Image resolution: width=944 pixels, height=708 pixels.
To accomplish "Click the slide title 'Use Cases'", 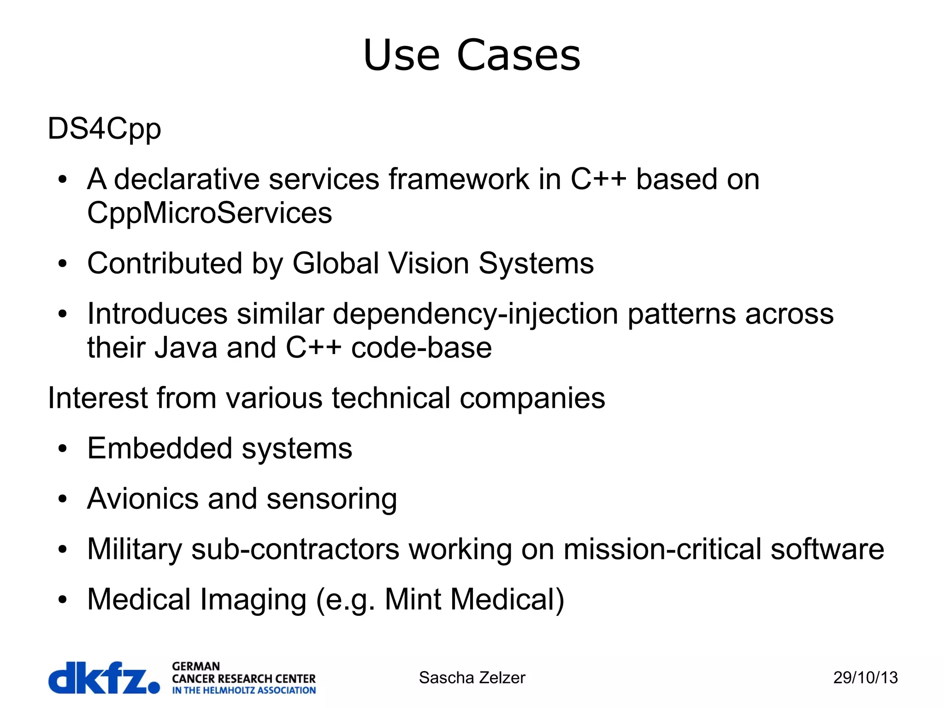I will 472,55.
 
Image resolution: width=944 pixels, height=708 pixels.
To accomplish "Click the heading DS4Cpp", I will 105,129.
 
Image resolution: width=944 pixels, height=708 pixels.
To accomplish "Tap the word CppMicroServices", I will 210,213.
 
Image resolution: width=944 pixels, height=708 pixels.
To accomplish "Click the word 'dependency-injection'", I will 475,314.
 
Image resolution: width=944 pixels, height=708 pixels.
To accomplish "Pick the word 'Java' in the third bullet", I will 185,348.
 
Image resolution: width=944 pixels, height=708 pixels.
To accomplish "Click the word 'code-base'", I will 421,348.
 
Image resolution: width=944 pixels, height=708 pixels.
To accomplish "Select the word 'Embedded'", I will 159,448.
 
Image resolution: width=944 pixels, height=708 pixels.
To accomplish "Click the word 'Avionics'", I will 143,499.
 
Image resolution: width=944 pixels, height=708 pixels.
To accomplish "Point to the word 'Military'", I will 135,549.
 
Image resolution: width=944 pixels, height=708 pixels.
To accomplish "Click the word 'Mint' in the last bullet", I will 413,600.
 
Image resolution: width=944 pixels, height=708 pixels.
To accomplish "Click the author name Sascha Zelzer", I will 472,678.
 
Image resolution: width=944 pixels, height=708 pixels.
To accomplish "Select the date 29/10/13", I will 865,678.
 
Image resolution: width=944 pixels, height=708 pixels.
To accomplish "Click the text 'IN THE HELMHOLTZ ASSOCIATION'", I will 244,690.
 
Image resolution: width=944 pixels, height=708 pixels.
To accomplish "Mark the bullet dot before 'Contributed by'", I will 63,264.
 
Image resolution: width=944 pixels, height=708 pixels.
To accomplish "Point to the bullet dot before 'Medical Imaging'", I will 63,600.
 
